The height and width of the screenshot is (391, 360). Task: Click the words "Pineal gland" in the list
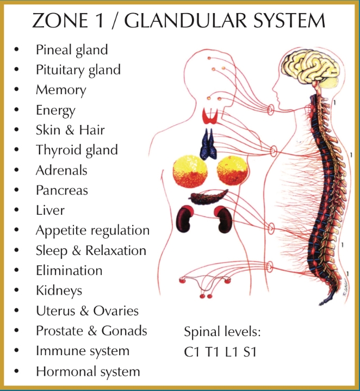[x=72, y=50]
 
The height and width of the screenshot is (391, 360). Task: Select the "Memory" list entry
[x=61, y=90]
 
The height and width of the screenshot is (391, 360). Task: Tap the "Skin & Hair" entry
[x=70, y=130]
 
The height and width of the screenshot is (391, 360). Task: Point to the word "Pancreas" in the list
[x=61, y=190]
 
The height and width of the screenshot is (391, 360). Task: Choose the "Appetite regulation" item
[x=92, y=231]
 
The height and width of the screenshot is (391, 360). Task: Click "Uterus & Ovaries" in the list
[x=87, y=311]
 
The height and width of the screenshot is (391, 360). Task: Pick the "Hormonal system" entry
[x=88, y=372]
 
